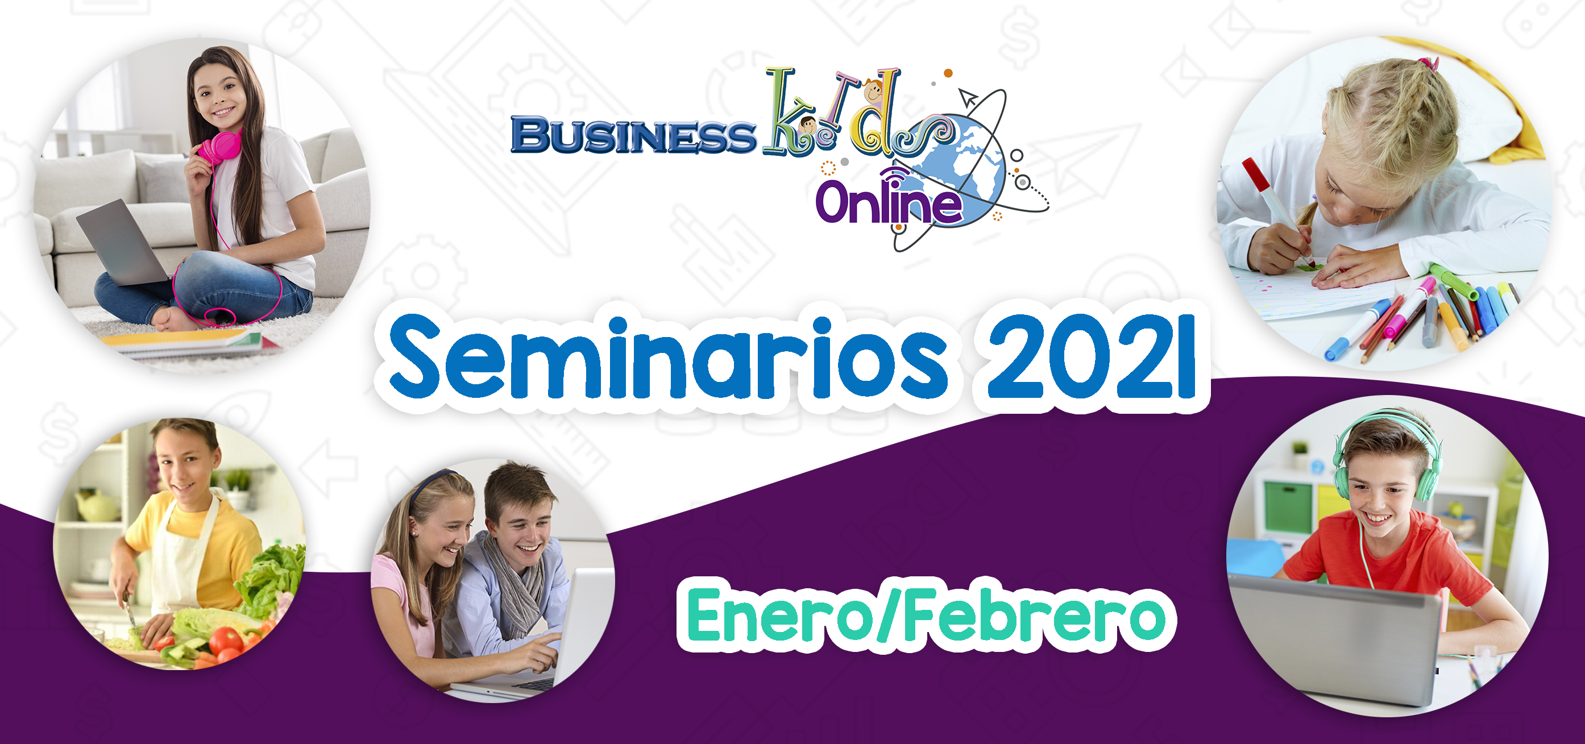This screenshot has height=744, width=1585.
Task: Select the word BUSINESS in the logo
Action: click(633, 135)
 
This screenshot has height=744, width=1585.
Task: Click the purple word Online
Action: click(889, 200)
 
